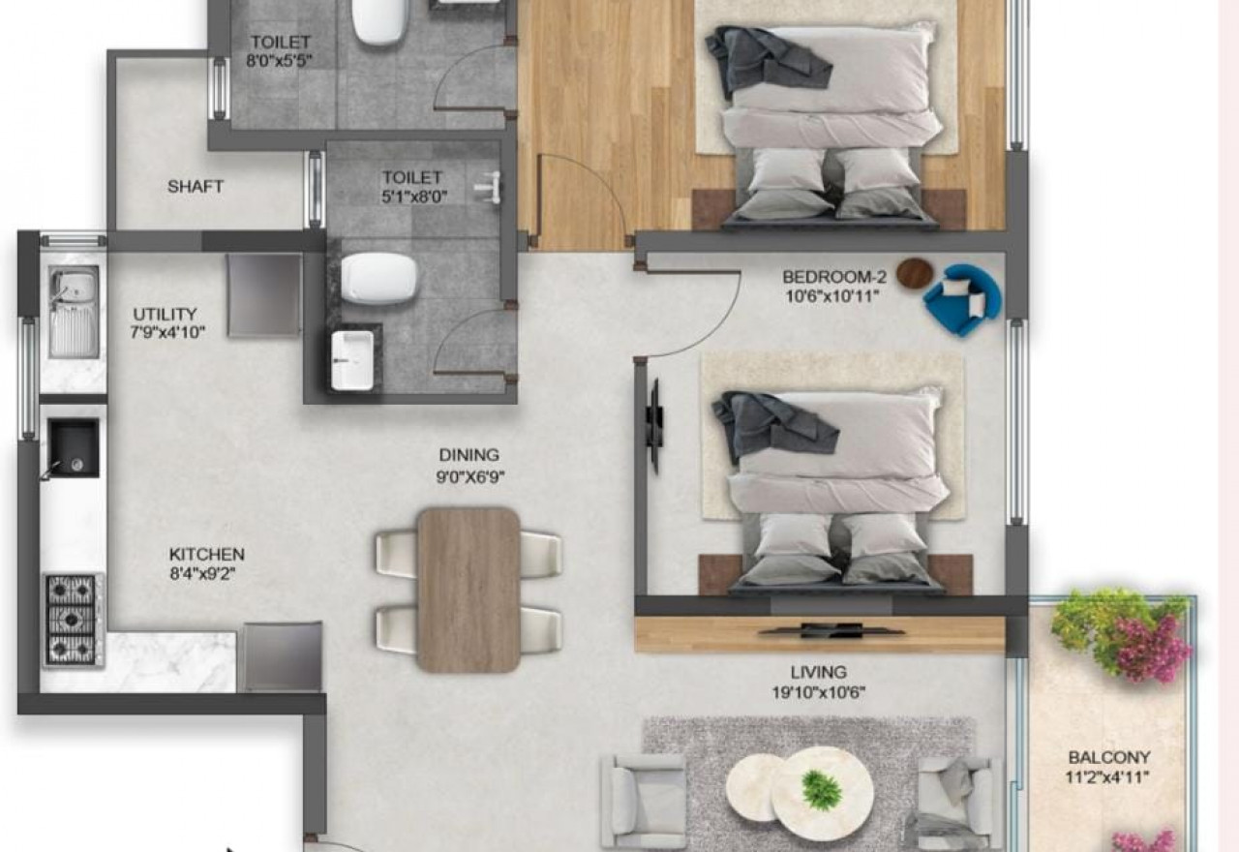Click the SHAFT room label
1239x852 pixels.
click(x=196, y=187)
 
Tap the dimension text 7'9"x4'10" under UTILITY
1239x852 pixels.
click(x=167, y=333)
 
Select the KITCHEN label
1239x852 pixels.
click(x=206, y=554)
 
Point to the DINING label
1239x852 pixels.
click(x=469, y=455)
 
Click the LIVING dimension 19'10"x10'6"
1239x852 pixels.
click(x=819, y=692)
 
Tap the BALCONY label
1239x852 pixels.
click(x=1109, y=757)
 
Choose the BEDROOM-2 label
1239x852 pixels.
click(x=834, y=276)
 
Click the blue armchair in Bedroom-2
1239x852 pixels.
click(x=962, y=299)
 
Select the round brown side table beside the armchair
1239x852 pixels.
click(x=915, y=273)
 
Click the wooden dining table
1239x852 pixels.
click(x=468, y=590)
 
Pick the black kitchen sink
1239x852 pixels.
click(x=73, y=447)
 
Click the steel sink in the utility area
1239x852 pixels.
click(x=74, y=312)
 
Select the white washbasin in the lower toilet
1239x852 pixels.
click(x=352, y=360)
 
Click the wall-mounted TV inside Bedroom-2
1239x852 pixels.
click(x=655, y=426)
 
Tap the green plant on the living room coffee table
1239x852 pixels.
click(x=822, y=789)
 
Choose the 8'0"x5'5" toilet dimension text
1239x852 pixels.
click(x=279, y=60)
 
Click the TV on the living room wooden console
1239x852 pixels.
click(x=831, y=630)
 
